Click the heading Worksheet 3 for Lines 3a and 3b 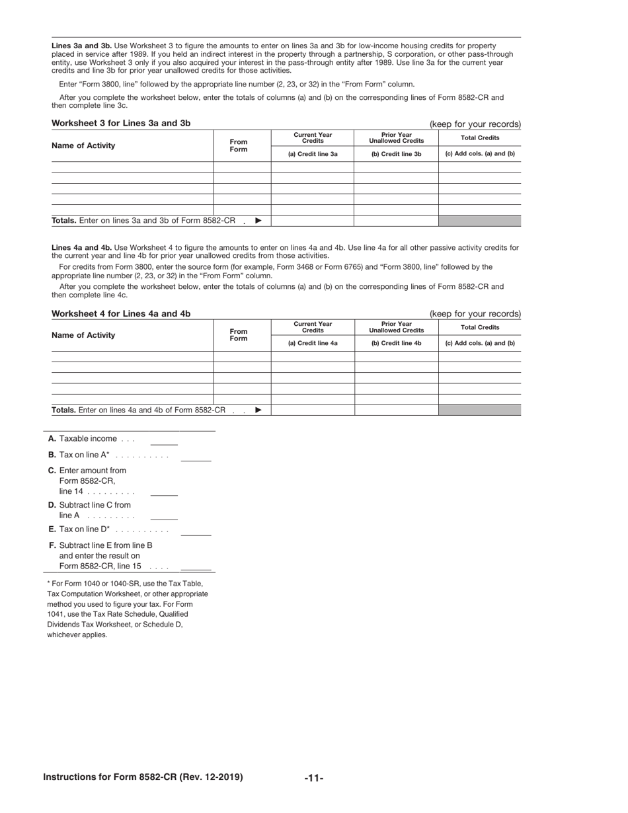coord(121,123)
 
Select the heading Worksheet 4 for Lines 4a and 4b coord(121,313)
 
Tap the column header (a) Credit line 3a coord(313,154)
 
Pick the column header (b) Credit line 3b coord(396,154)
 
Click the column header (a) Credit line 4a coord(313,344)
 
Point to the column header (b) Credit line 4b coord(396,344)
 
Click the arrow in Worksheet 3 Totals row coord(258,221)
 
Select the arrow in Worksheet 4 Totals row coord(258,410)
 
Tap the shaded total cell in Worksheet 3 coord(479,221)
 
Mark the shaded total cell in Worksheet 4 coord(479,410)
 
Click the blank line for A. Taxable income coord(164,444)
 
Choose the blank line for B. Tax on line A coord(196,459)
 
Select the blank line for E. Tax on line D coord(196,534)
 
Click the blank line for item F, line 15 coord(196,568)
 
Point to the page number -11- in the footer coord(314,778)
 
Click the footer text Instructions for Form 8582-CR coord(143,777)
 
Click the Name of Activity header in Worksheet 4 coord(83,335)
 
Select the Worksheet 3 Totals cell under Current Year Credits coord(313,221)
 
